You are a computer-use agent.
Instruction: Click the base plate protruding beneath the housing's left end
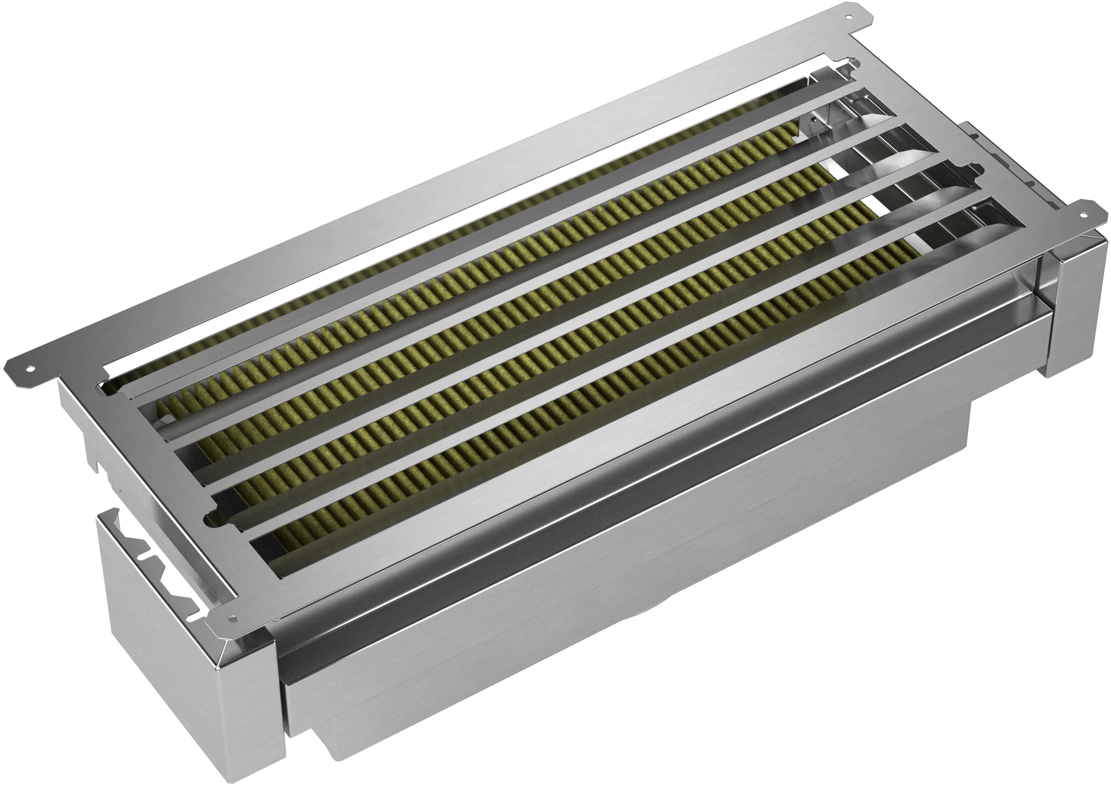pos(339,755)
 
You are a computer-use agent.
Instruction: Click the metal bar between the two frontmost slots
pos(581,373)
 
